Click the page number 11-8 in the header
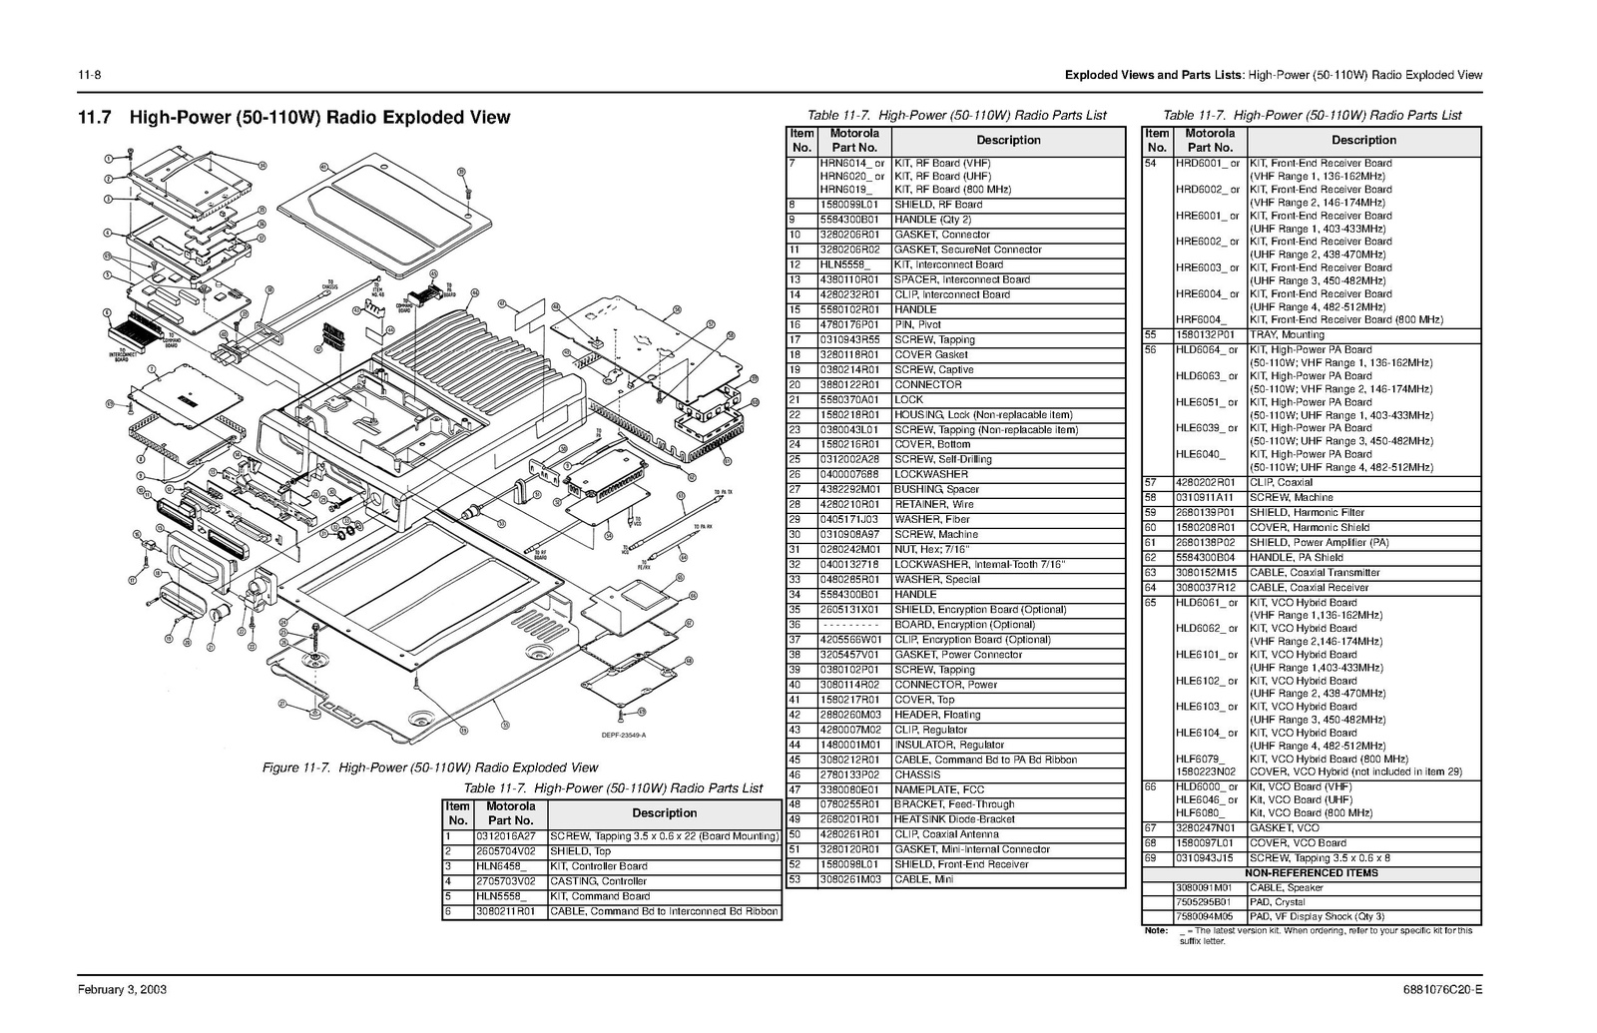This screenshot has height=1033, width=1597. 91,75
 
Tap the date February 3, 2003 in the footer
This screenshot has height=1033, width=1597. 123,990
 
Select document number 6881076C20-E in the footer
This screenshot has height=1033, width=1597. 1442,990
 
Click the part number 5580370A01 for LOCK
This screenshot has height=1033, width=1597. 849,399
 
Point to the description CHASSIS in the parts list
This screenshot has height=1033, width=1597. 917,775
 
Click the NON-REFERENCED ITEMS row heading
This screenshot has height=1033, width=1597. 1311,872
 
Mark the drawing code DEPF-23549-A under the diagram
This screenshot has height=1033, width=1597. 624,736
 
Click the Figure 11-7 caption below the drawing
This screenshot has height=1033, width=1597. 429,768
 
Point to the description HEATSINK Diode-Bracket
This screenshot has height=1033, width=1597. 954,819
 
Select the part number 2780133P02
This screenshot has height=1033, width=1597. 849,775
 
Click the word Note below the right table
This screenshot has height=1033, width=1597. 1156,931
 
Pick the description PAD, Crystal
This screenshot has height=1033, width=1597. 1277,902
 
